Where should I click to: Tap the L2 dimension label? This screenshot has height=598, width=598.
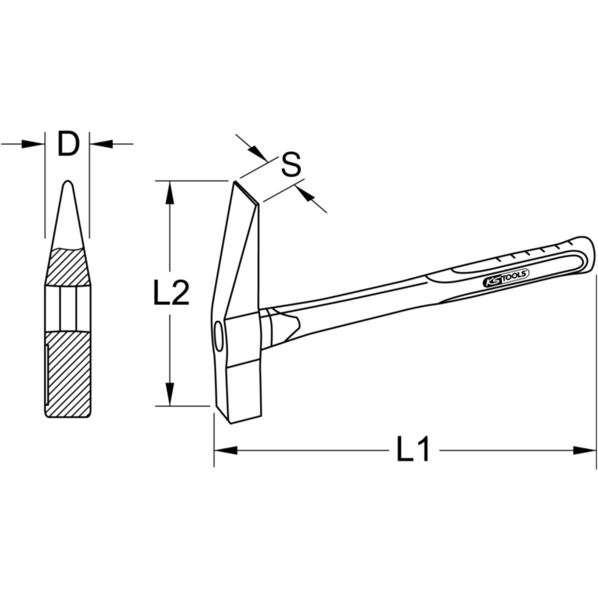point(171,293)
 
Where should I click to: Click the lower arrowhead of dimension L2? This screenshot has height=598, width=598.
point(169,394)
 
